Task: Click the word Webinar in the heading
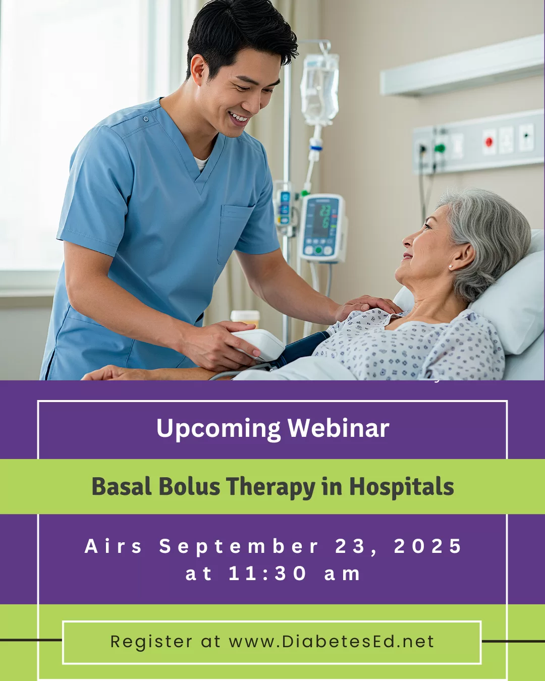338,428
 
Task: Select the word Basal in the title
121,486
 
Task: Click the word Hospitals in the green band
402,487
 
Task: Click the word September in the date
239,546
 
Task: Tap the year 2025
428,546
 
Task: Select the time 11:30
267,574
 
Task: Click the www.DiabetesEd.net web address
332,642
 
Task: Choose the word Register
151,642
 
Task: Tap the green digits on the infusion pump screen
325,217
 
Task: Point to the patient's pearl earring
450,267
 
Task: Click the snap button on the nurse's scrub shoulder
146,119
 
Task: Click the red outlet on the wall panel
489,141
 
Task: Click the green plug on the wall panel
439,148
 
